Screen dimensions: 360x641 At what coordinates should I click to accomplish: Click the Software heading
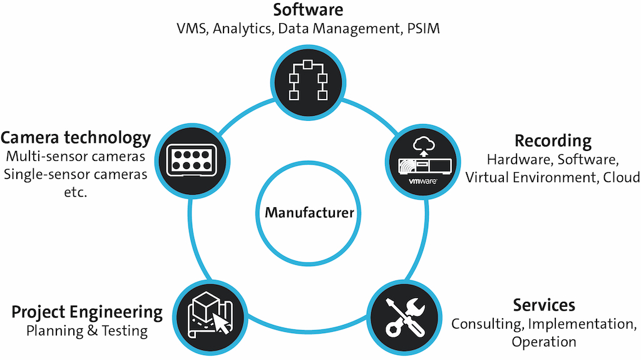pyautogui.click(x=308, y=10)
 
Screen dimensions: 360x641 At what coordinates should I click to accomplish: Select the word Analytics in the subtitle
pyautogui.click(x=242, y=29)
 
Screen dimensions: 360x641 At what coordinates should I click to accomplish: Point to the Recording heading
pyautogui.click(x=553, y=140)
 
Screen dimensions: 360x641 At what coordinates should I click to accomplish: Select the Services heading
pyautogui.click(x=544, y=306)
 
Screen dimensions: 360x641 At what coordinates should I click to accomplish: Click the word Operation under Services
pyautogui.click(x=544, y=342)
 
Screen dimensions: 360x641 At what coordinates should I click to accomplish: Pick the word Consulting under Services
pyautogui.click(x=486, y=324)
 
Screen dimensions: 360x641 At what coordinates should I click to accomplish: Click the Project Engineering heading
pyautogui.click(x=87, y=312)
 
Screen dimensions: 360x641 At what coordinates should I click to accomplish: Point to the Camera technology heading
pyautogui.click(x=76, y=137)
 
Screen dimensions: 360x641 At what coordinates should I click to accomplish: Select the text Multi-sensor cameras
pyautogui.click(x=76, y=157)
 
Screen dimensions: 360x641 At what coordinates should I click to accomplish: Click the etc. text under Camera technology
pyautogui.click(x=76, y=193)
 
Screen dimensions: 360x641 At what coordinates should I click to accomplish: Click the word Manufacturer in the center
pyautogui.click(x=309, y=212)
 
